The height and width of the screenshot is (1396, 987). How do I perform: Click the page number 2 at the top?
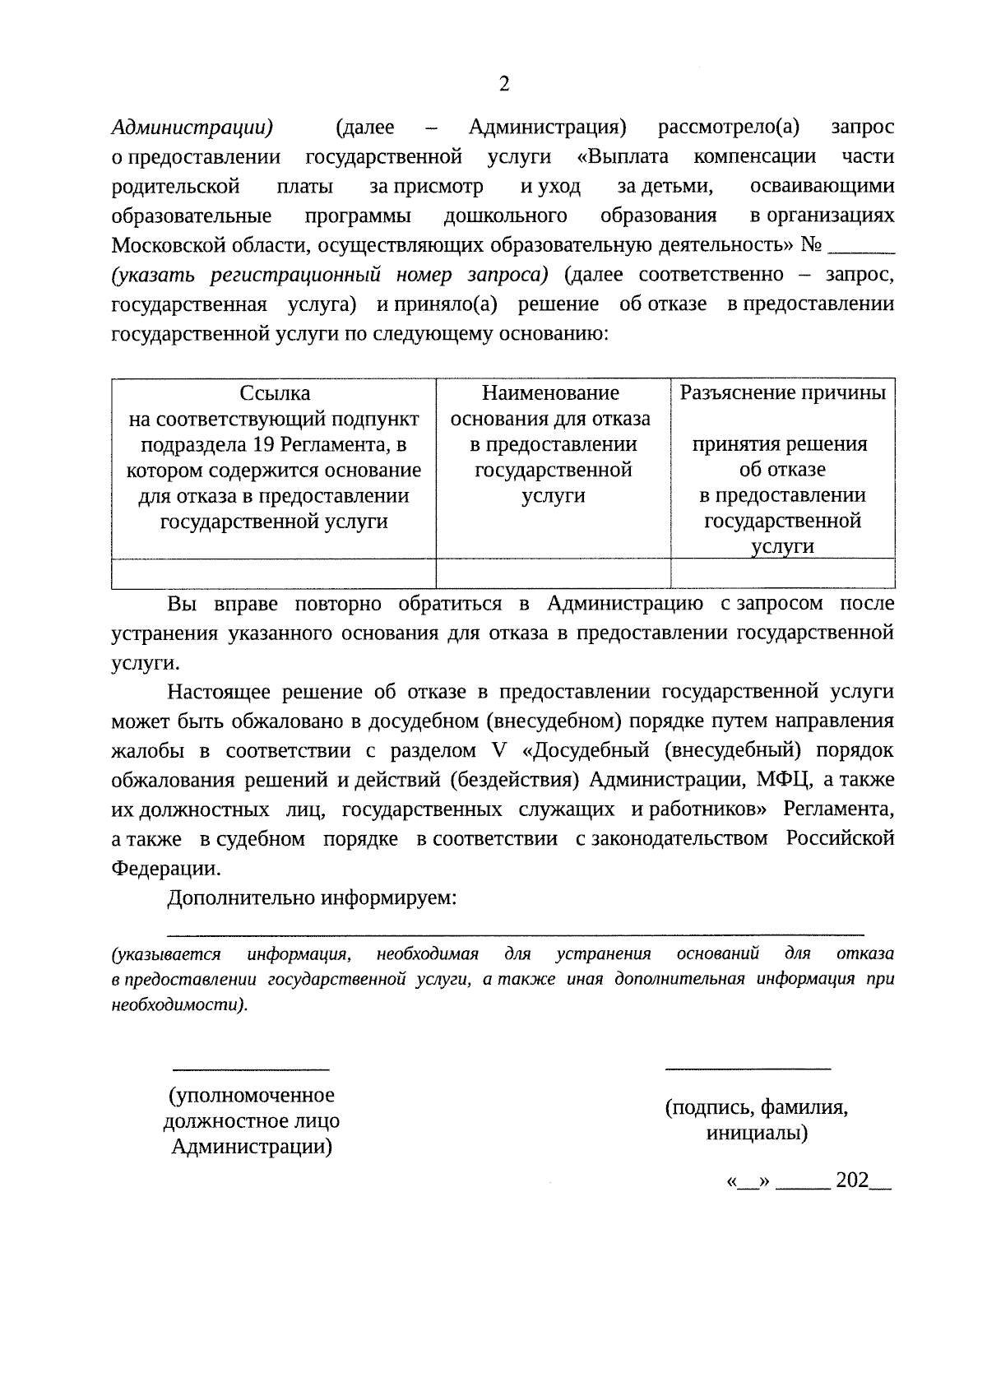pyautogui.click(x=504, y=84)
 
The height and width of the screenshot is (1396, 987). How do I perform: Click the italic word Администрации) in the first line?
pyautogui.click(x=192, y=128)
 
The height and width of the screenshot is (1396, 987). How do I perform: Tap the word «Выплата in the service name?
pyautogui.click(x=623, y=156)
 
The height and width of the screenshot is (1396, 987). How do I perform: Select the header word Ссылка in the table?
pyautogui.click(x=275, y=393)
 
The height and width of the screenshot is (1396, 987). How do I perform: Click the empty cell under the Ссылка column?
pyautogui.click(x=274, y=573)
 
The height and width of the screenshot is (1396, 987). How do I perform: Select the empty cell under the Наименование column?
pyautogui.click(x=553, y=573)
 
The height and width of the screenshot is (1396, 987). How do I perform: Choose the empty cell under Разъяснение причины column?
pyautogui.click(x=782, y=573)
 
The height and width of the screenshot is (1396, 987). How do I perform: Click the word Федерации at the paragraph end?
pyautogui.click(x=164, y=868)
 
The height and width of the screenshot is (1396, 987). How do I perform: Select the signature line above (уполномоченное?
pyautogui.click(x=250, y=1069)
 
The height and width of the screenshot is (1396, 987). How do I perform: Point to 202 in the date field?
pyautogui.click(x=852, y=1180)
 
